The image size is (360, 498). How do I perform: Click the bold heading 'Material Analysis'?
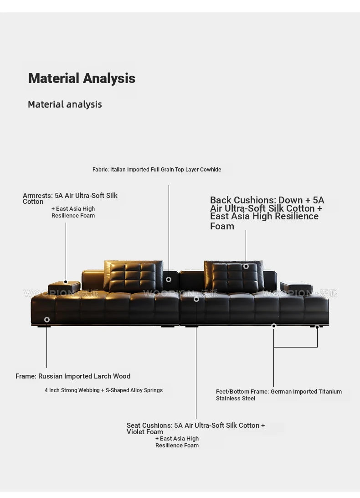[82, 78]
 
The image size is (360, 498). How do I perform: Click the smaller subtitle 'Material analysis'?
[65, 104]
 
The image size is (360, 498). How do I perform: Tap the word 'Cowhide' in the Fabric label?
[210, 170]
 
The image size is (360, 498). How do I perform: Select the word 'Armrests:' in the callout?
[37, 196]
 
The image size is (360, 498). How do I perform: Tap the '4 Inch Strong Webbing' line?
[72, 390]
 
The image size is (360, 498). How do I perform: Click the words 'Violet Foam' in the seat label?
[145, 432]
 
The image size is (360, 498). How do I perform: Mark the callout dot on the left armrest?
[66, 282]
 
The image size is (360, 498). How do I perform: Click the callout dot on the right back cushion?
[246, 266]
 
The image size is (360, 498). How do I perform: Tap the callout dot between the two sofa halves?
[169, 280]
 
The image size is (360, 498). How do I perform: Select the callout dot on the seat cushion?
[196, 299]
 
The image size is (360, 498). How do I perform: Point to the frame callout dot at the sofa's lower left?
[47, 320]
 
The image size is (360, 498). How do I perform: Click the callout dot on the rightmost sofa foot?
[317, 327]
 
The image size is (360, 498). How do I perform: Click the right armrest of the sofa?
[296, 287]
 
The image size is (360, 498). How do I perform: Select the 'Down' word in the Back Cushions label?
[291, 200]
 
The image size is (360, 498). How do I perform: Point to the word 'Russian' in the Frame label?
[50, 376]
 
